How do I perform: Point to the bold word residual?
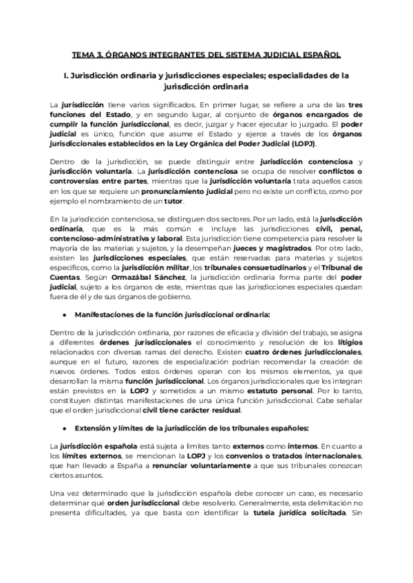(224, 411)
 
